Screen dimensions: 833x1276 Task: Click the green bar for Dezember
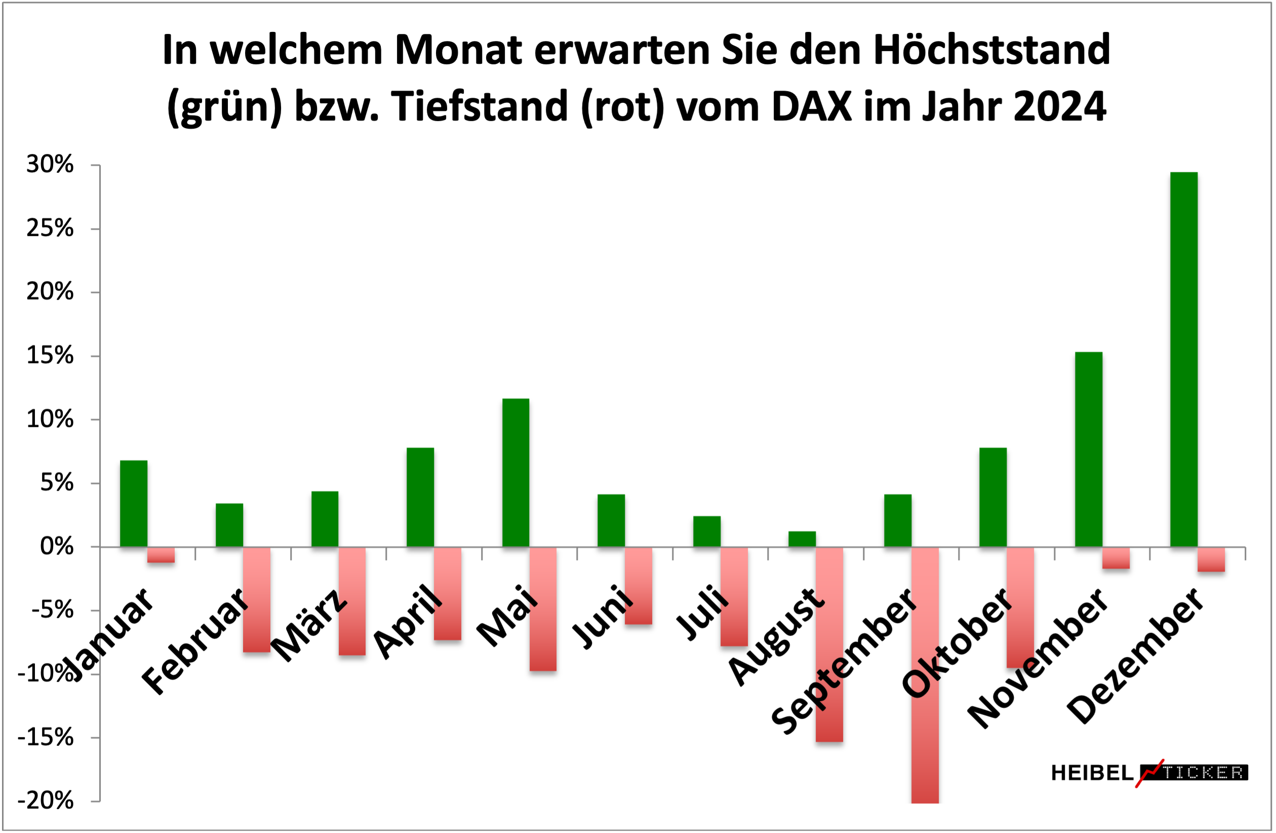pos(1184,359)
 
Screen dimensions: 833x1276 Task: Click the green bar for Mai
pos(516,472)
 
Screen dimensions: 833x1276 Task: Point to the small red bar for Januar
pos(161,555)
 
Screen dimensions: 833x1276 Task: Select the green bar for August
pos(802,539)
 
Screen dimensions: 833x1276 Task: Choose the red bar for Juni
pos(639,585)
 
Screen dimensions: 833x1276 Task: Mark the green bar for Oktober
pos(993,497)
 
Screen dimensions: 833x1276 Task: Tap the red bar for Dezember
pos(1211,559)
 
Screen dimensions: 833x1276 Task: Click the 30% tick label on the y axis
pos(50,165)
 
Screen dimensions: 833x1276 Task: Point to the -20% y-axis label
pos(46,801)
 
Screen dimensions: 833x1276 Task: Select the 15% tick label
pos(50,355)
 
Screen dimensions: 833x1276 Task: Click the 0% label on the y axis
pos(57,547)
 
